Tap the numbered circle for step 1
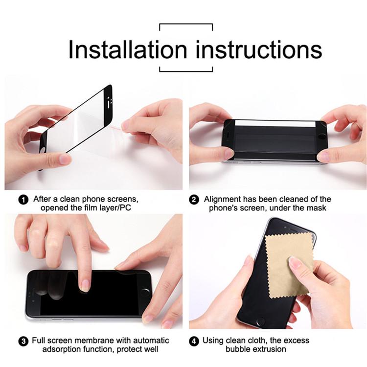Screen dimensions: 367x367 [23, 200]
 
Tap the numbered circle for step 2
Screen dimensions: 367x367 [194, 200]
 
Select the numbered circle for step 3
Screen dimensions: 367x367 [23, 341]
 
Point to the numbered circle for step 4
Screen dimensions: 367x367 [194, 341]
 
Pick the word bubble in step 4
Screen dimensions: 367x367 [238, 349]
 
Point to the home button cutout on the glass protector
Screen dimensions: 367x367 [43, 150]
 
